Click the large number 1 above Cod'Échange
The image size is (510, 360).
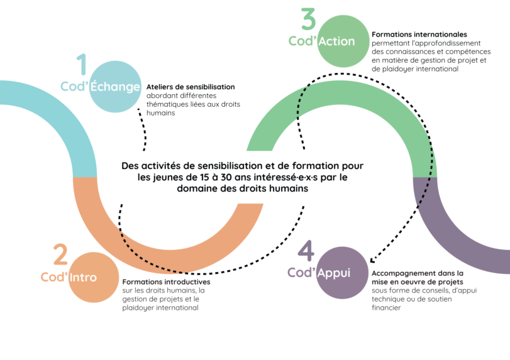81,65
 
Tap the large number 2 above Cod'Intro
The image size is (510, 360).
60,255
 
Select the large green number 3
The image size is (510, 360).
308,19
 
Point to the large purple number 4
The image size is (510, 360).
306,251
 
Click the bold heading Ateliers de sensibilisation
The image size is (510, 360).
190,87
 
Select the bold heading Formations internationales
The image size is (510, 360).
419,34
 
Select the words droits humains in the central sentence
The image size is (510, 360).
277,188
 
